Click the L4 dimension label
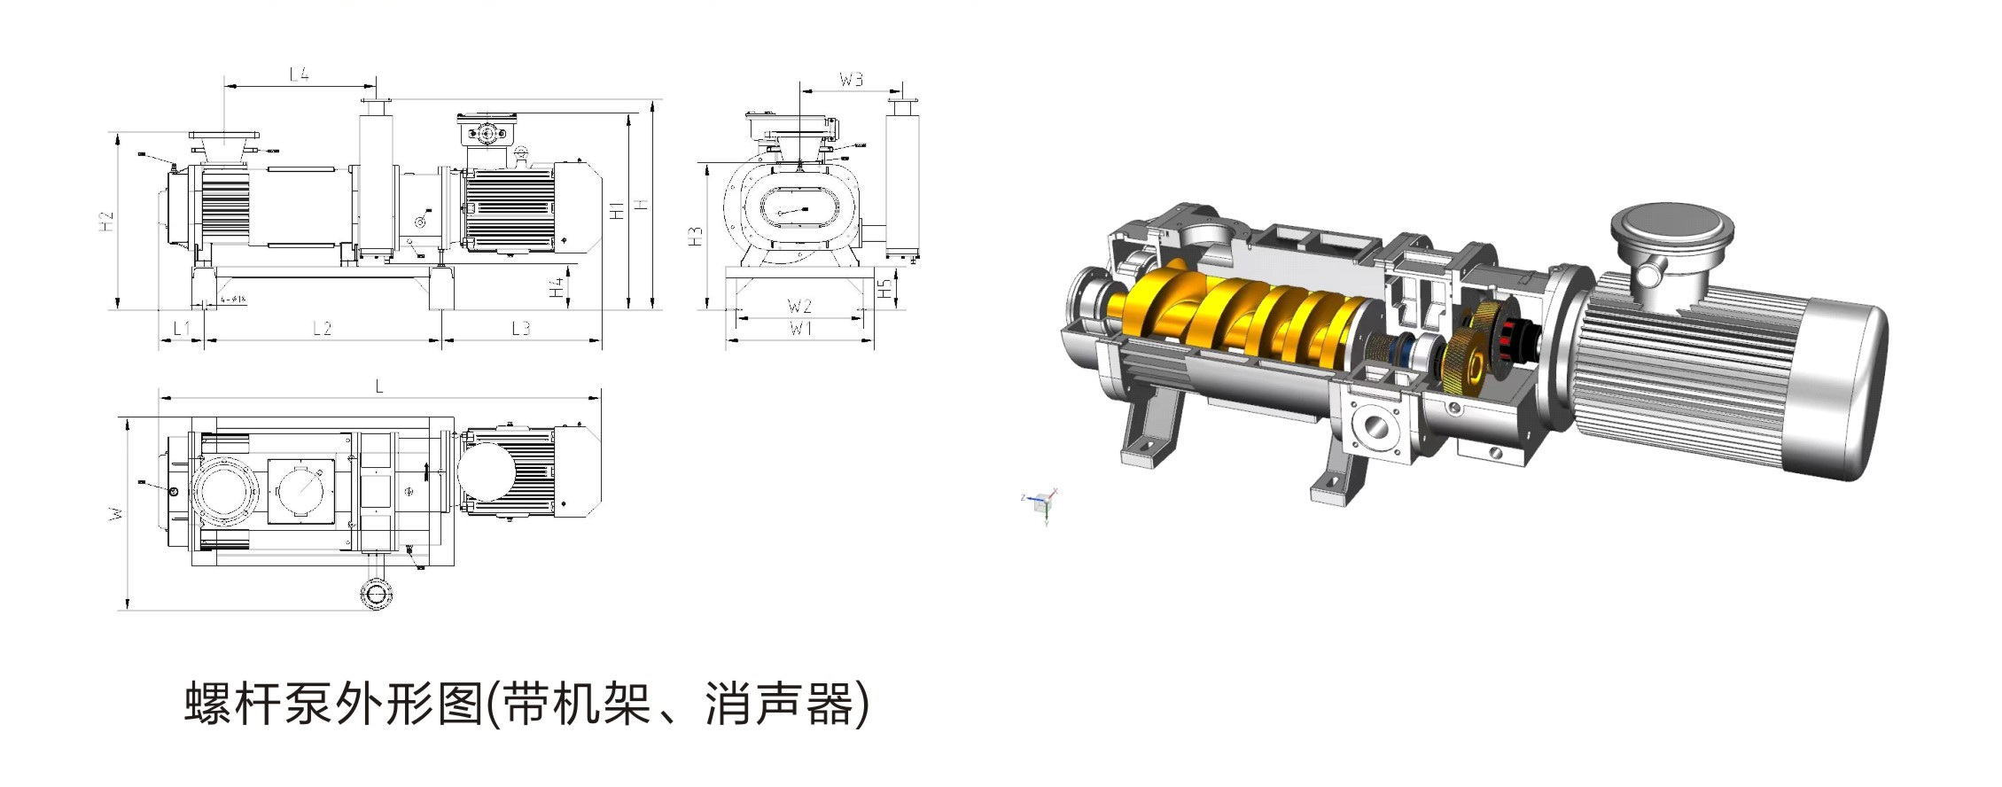pos(299,74)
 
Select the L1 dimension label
pos(180,329)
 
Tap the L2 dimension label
pos(322,329)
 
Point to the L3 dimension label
pos(520,329)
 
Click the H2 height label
pos(105,222)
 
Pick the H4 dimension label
pos(556,287)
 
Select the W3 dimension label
pos(850,80)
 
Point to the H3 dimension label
pos(696,236)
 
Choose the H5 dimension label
pos(884,288)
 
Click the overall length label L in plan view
pos(379,386)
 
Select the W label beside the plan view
pos(115,513)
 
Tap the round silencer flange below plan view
pos(378,593)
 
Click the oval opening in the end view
pos(798,213)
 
